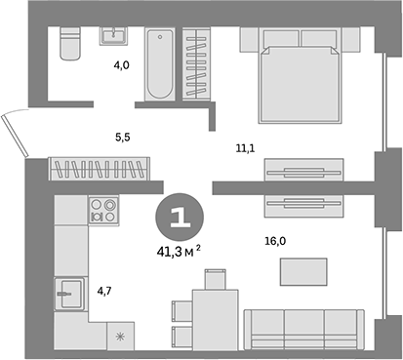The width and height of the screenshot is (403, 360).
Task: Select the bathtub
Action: pos(158,64)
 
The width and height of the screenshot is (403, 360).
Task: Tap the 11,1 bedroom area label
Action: pos(245,148)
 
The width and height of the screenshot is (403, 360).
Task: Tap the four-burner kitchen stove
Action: pos(102,210)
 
